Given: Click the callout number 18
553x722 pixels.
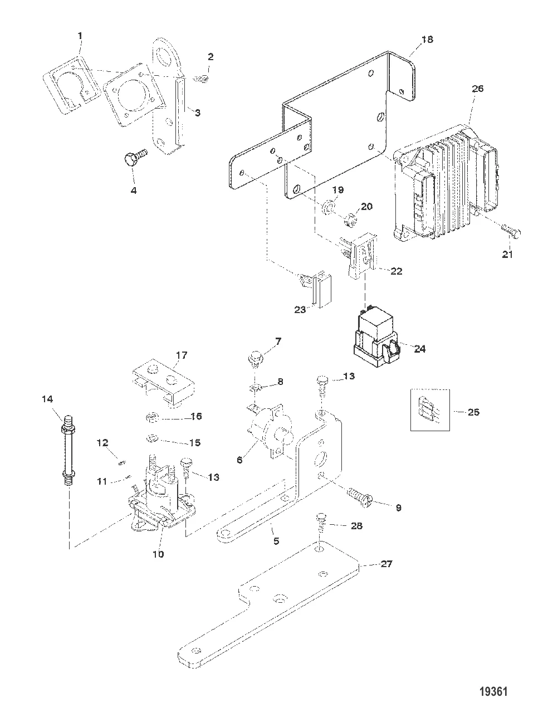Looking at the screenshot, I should (427, 40).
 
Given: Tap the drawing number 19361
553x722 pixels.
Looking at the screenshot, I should (493, 692).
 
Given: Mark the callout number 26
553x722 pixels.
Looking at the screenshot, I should (478, 88).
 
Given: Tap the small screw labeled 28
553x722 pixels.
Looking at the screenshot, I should (322, 520).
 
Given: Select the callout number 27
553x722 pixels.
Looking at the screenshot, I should (386, 564).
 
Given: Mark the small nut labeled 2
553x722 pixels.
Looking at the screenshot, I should (202, 79).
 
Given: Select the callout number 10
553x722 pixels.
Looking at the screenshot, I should (159, 554).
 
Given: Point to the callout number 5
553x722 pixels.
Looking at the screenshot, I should (276, 540).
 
